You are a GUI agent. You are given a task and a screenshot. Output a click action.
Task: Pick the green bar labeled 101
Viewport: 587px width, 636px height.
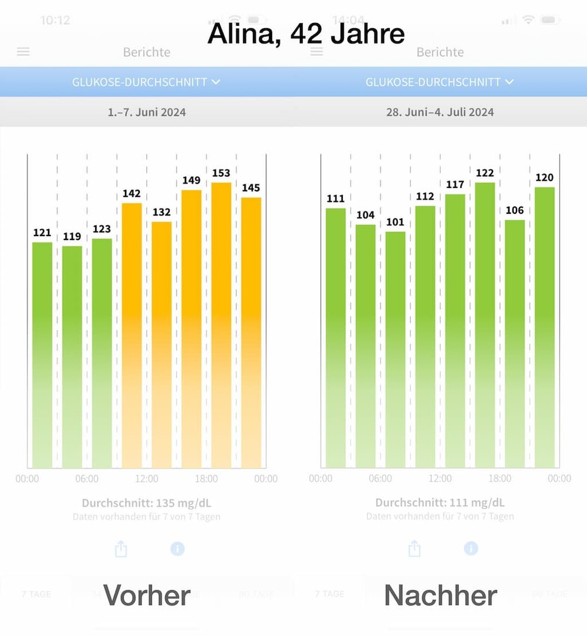[395, 349]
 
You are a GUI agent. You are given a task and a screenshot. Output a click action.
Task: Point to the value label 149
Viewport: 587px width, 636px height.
[191, 180]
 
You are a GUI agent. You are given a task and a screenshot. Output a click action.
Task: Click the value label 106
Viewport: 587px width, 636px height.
[514, 210]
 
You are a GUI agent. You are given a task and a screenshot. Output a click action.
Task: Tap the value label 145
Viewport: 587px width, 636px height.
[251, 188]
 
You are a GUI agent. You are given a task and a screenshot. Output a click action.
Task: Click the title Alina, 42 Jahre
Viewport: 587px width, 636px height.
[306, 34]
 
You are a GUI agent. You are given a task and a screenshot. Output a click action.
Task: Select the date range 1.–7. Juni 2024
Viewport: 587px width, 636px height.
[147, 112]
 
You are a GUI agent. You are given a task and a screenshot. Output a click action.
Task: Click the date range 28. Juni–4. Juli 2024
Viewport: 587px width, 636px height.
[440, 112]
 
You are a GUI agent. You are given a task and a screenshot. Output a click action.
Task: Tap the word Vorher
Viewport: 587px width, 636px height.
[147, 595]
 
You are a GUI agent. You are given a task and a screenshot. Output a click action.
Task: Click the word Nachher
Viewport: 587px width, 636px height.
[440, 595]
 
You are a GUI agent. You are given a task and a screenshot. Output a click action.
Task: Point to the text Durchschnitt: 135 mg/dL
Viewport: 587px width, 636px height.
[146, 503]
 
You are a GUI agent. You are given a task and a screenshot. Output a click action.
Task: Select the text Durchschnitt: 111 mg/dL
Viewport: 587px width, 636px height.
[440, 503]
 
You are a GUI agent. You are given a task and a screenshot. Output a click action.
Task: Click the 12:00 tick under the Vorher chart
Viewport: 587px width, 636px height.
[147, 479]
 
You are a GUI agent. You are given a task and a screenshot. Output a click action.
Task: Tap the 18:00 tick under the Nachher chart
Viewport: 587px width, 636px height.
[500, 479]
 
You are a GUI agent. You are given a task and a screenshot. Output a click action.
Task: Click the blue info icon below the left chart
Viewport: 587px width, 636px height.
[177, 548]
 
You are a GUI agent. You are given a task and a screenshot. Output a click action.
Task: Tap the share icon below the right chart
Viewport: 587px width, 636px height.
[414, 548]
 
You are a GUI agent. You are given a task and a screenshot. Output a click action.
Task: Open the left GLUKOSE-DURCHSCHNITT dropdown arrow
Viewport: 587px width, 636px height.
[215, 82]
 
